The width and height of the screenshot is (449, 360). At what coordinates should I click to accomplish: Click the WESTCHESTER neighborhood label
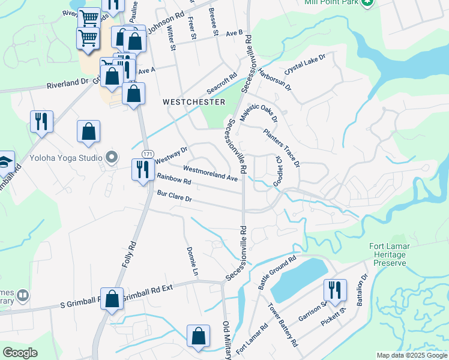(x=194, y=103)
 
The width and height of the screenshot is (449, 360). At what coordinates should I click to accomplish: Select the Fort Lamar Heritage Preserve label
(x=388, y=254)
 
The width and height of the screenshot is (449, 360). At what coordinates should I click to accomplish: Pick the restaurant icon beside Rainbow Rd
(x=143, y=170)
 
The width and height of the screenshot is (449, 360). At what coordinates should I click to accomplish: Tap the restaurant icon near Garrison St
(x=334, y=290)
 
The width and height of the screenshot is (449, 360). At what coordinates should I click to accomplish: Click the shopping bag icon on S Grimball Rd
(x=112, y=298)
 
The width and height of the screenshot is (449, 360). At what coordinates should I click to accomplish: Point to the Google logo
(x=20, y=353)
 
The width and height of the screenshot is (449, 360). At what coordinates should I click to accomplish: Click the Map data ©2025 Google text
(x=412, y=355)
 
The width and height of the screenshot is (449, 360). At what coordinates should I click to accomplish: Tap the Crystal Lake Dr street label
(x=304, y=64)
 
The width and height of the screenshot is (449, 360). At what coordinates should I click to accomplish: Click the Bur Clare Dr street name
(x=174, y=197)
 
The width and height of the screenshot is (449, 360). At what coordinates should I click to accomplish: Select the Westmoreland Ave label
(x=211, y=173)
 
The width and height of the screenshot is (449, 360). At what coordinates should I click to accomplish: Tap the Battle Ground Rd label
(x=277, y=273)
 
